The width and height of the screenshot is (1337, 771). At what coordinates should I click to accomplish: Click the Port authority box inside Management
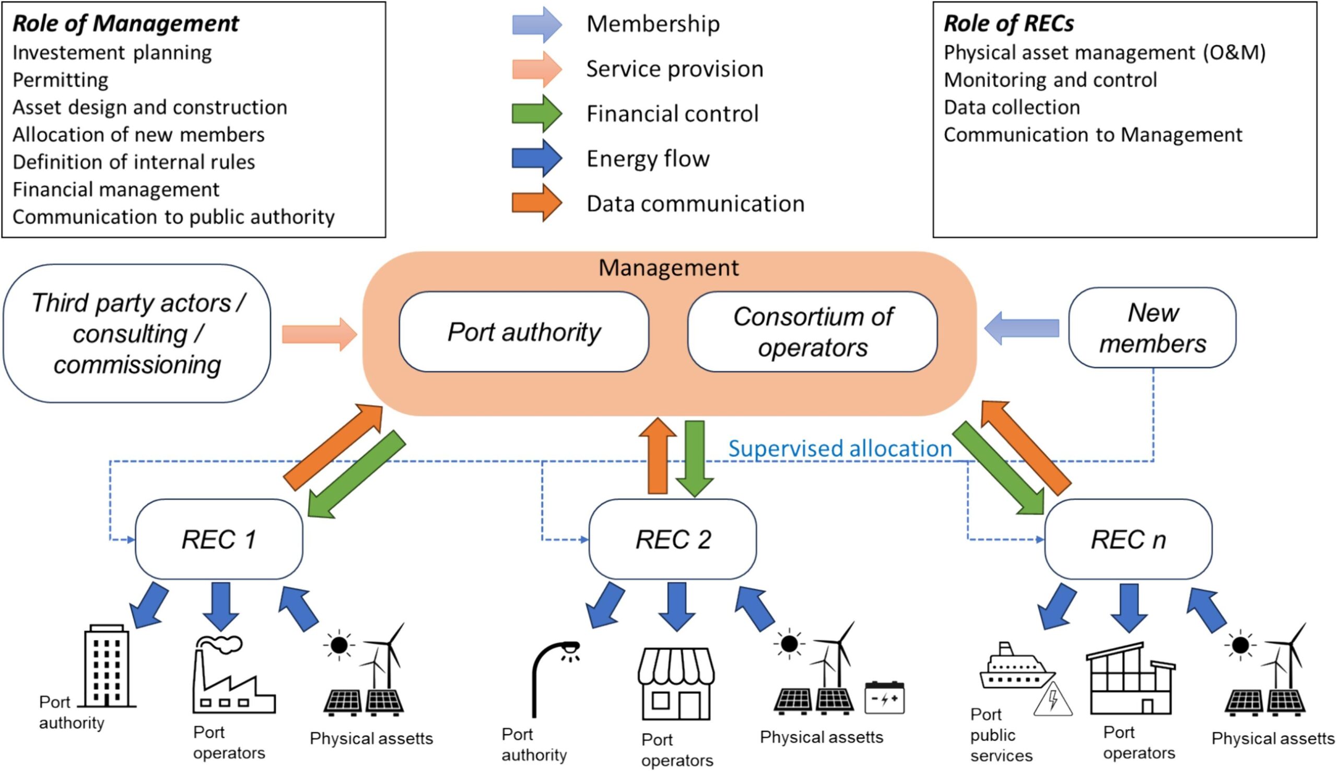(x=523, y=332)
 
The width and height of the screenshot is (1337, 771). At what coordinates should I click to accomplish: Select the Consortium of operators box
(x=812, y=332)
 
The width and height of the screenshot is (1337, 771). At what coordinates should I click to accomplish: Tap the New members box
(x=1152, y=328)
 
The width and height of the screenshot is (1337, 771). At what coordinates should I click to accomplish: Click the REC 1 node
(x=219, y=540)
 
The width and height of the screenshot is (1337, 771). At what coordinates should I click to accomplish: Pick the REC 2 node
(x=672, y=540)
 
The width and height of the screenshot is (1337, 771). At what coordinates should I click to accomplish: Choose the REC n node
(x=1128, y=540)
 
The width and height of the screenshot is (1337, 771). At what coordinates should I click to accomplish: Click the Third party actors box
(x=136, y=334)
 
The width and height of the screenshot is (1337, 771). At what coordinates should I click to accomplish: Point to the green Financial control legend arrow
(x=536, y=114)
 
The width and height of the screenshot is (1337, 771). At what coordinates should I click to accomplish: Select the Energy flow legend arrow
(x=536, y=158)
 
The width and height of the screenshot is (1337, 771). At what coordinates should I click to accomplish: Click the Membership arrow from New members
(x=1022, y=329)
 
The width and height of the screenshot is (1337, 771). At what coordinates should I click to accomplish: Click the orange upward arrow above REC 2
(x=658, y=455)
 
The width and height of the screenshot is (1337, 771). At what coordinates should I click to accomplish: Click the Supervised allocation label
(x=839, y=449)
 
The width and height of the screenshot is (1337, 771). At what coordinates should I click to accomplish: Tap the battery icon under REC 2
(x=884, y=698)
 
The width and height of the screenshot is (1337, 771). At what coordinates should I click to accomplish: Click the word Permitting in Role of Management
(x=61, y=80)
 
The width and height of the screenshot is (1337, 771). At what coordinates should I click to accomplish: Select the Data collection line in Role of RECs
(x=1012, y=108)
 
